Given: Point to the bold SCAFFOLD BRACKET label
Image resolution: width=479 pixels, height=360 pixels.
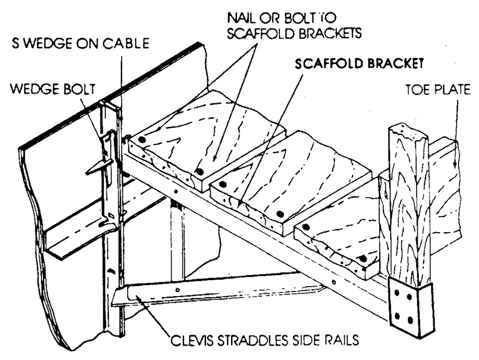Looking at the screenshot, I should point(359,64).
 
